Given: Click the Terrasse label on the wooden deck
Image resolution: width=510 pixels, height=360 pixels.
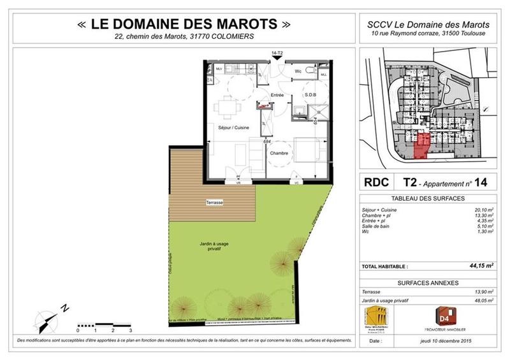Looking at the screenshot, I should [214, 203].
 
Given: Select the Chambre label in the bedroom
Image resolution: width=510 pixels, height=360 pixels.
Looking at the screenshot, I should [279, 153].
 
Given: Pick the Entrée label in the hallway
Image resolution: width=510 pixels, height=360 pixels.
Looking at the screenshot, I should [277, 95].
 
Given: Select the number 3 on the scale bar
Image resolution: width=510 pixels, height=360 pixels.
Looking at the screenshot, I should [130, 331].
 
